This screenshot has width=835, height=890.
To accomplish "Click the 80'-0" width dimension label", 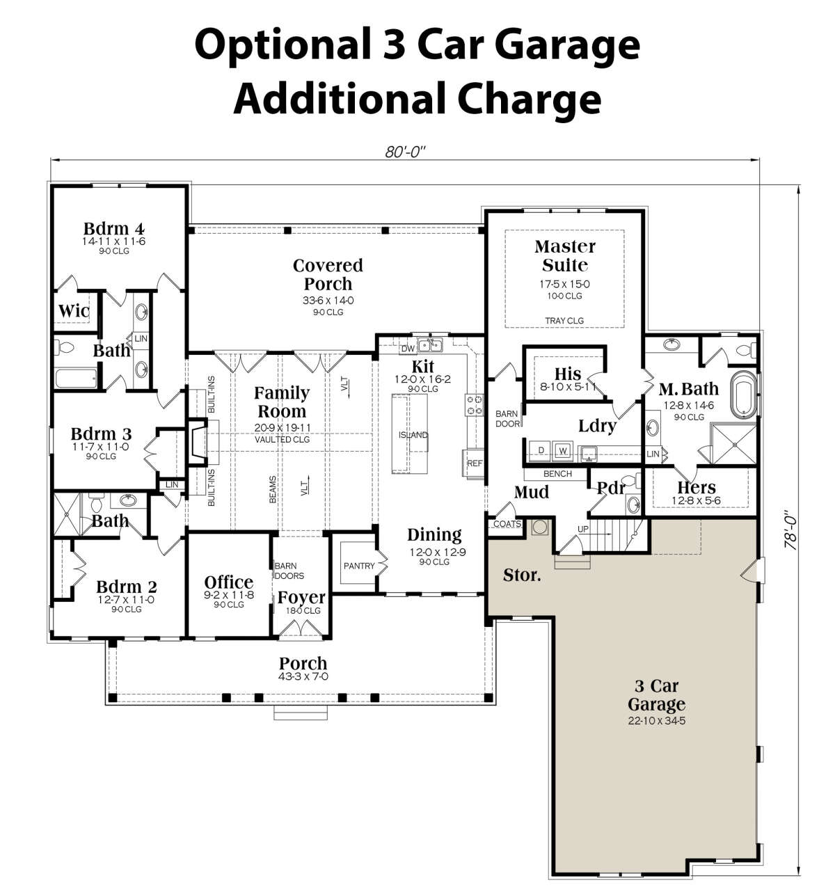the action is pyautogui.click(x=405, y=152).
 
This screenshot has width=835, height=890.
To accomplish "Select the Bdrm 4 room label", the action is pyautogui.click(x=114, y=228).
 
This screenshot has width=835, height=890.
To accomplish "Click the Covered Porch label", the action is pyautogui.click(x=328, y=274).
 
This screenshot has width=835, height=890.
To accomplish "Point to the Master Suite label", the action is pyautogui.click(x=565, y=255).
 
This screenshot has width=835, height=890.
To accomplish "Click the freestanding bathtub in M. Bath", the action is pyautogui.click(x=744, y=395).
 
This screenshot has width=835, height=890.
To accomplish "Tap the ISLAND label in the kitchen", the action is pyautogui.click(x=413, y=435).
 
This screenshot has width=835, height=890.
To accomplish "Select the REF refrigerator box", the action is pyautogui.click(x=473, y=463).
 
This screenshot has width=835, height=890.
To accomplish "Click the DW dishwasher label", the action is pyautogui.click(x=408, y=349).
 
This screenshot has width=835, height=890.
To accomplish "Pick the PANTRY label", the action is pyautogui.click(x=358, y=566).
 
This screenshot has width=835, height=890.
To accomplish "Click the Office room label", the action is pyautogui.click(x=229, y=582).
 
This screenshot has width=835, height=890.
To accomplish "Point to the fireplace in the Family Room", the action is pyautogui.click(x=198, y=441).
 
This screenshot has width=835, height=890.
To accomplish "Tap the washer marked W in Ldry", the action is pyautogui.click(x=562, y=450).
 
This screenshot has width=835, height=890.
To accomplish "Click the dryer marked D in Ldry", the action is pyautogui.click(x=541, y=450).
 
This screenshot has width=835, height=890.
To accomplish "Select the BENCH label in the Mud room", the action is pyautogui.click(x=557, y=473).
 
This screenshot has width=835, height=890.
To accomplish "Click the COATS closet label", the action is pyautogui.click(x=507, y=523).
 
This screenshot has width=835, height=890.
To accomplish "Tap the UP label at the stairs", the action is pyautogui.click(x=582, y=529).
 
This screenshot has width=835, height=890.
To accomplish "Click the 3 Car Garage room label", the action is pyautogui.click(x=656, y=695).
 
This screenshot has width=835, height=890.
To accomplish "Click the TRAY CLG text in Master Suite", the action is pyautogui.click(x=564, y=320).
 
